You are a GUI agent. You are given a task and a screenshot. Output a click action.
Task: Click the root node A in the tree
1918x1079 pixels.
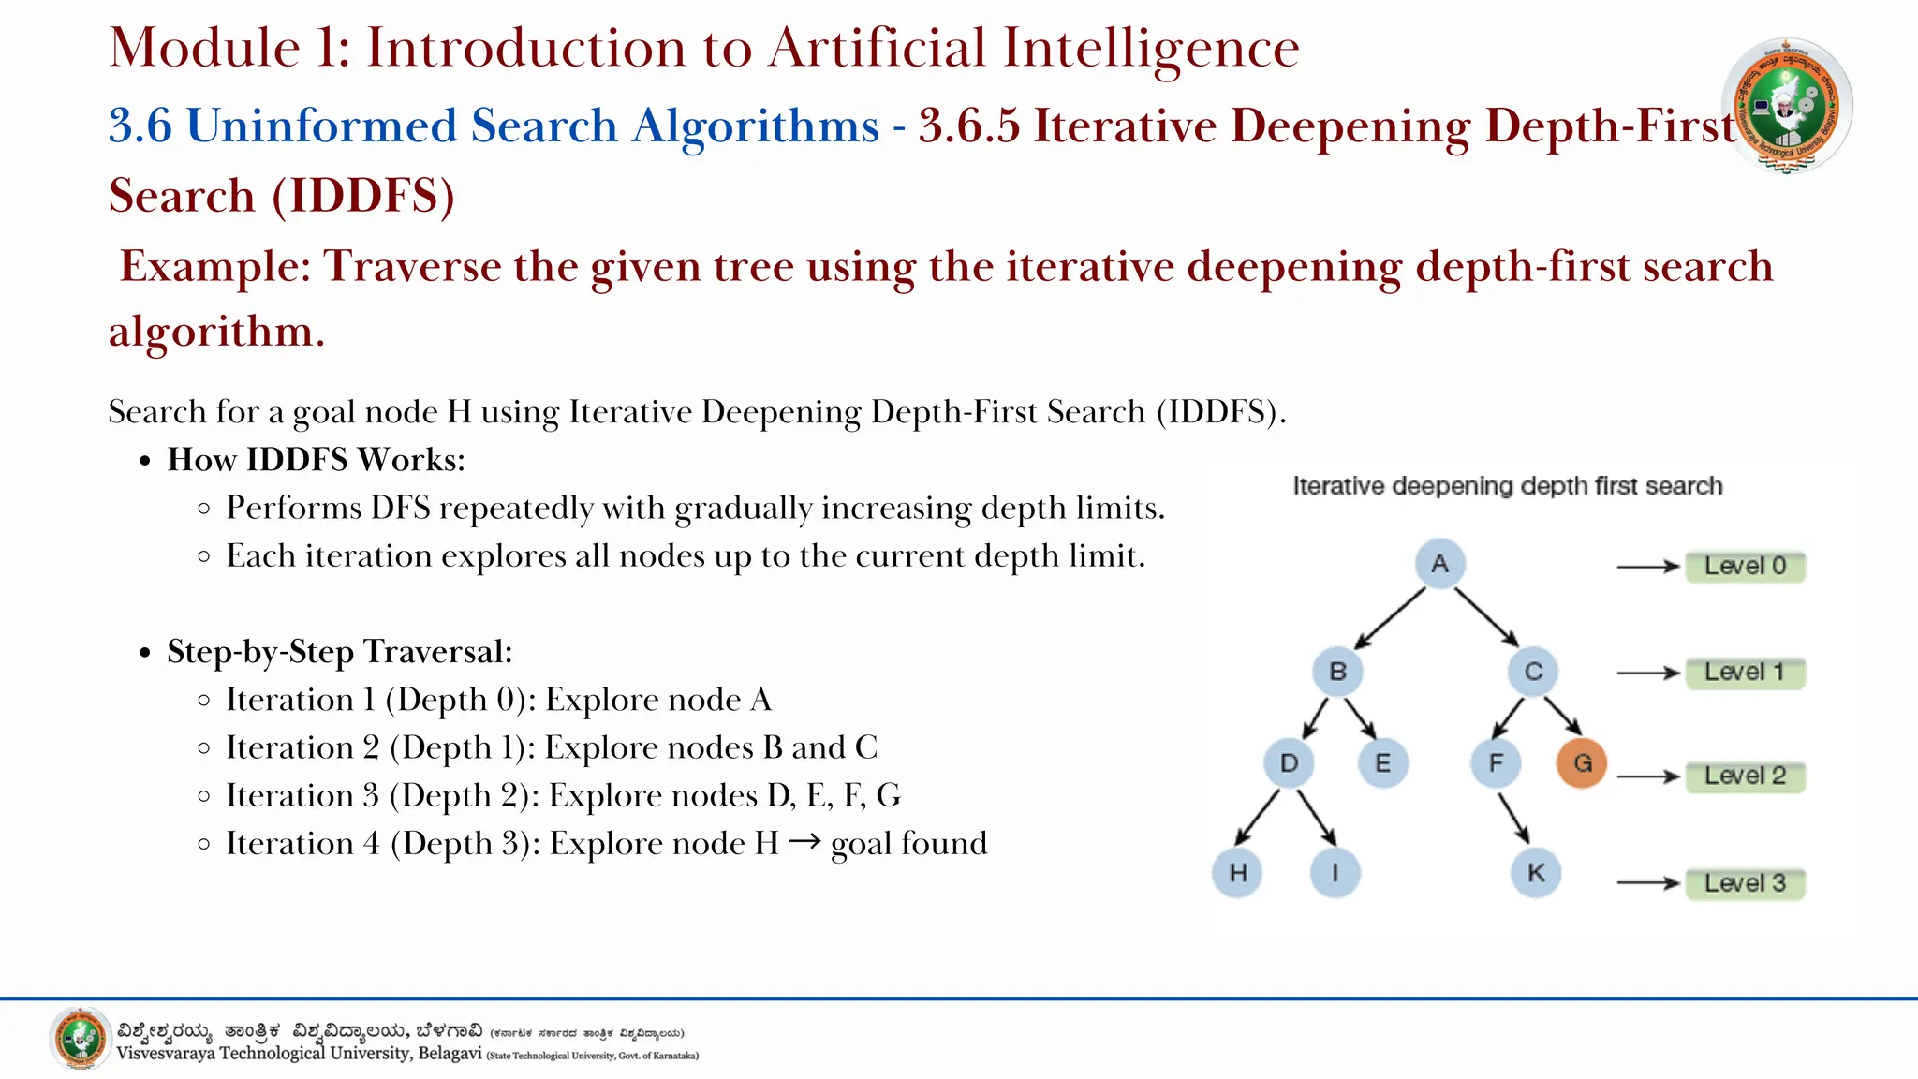pos(1439,564)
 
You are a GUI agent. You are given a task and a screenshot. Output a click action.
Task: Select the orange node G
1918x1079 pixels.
pos(1582,762)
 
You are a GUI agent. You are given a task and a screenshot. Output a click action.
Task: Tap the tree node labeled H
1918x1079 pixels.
pos(1237,873)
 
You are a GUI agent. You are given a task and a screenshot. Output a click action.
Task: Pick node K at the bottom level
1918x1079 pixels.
pos(1536,873)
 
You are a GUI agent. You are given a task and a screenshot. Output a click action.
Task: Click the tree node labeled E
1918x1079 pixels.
pos(1382,762)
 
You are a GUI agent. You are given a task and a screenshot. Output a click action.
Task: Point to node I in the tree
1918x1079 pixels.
pos(1335,873)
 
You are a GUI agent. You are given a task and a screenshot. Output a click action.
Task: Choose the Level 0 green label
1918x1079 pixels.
pos(1745,567)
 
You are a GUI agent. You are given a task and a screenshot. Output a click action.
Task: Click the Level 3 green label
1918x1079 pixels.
pos(1745,883)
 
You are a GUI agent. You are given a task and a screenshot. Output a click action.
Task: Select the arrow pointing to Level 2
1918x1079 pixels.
pos(1648,776)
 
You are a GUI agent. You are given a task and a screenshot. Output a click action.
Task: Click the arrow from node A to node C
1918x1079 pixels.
pos(1487,616)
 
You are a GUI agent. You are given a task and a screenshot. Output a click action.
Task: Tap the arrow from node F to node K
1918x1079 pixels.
pos(1513,818)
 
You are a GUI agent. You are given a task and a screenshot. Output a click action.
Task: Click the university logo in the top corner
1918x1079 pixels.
pos(1786,105)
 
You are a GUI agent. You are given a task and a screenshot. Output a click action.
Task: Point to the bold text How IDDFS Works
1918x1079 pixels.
pos(316,460)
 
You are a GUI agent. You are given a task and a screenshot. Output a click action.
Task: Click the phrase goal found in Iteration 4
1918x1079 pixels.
pos(908,844)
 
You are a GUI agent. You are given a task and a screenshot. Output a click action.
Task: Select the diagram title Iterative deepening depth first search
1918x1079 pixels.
pos(1507,486)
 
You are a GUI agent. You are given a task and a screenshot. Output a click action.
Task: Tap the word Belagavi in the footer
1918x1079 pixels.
pos(450,1054)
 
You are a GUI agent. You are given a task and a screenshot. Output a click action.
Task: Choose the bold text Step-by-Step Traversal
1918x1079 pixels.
pos(339,652)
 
